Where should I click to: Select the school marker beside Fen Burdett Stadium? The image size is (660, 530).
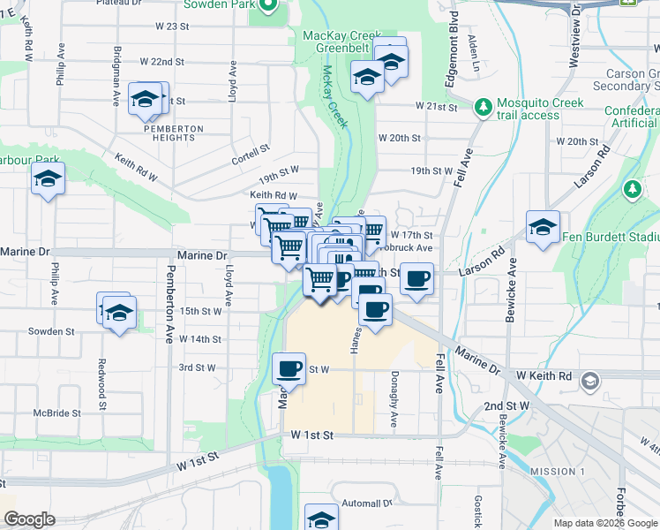point(543,226)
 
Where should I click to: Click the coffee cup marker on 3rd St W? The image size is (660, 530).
point(289,367)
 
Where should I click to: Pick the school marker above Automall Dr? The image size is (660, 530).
point(321,519)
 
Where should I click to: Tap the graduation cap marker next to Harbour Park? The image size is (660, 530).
point(47,180)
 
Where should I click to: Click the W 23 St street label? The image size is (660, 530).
point(171,26)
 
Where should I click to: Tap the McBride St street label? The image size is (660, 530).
point(57,413)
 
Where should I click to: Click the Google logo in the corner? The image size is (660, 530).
point(30,520)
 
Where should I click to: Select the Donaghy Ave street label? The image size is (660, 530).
point(394,406)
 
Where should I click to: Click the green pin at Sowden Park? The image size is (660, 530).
point(272,7)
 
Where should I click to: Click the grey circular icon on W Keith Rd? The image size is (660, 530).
point(589,381)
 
